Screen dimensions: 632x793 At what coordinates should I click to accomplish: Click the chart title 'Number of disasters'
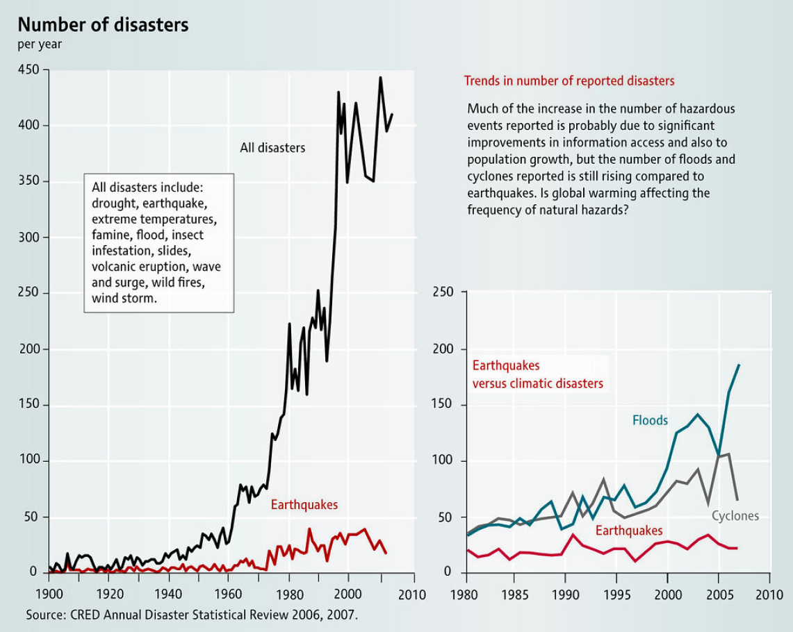pos(103,25)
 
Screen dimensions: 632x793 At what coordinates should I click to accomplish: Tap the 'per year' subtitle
pos(40,44)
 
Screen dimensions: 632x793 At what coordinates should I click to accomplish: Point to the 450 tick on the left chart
pos(28,69)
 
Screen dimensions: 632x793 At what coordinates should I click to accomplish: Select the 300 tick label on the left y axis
pos(28,238)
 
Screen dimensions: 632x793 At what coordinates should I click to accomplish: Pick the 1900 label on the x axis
pos(48,596)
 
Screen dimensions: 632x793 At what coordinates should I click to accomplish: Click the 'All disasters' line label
pos(272,147)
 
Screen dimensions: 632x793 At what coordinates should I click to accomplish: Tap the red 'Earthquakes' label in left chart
pos(304,505)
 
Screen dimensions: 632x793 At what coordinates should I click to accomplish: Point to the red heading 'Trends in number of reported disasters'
pos(569,81)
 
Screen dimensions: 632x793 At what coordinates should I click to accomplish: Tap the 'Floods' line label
pos(650,420)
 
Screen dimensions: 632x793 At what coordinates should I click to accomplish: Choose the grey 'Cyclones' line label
pos(735,516)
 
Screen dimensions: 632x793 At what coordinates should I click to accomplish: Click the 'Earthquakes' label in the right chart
pos(629,531)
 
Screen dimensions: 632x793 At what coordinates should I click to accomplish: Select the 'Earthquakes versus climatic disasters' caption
pos(537,374)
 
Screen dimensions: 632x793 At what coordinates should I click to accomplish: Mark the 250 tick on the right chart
pos(443,293)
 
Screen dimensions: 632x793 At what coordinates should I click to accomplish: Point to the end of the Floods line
pos(739,365)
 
